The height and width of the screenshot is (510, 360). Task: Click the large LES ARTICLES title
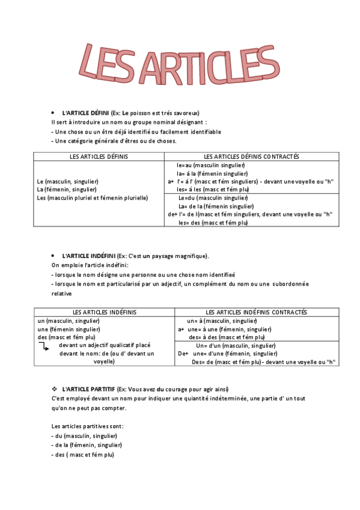180,63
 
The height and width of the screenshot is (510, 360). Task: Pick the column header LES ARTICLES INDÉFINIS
105,312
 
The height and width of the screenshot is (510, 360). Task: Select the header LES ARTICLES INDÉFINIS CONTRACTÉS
256,312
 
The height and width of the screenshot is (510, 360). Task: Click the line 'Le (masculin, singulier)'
67,181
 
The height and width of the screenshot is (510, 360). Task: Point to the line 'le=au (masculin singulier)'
210,165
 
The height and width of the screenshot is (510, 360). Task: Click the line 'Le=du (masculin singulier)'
213,197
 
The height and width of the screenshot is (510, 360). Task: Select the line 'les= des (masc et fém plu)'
213,223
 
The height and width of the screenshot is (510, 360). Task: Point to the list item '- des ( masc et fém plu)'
82,455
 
